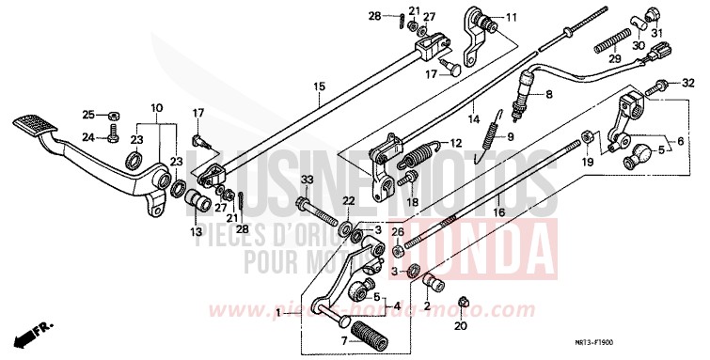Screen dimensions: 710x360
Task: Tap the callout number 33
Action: coord(306,180)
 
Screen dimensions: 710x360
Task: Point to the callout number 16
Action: coord(497,213)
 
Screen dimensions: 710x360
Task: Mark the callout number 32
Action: coord(686,83)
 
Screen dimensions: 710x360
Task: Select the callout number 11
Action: coord(512,18)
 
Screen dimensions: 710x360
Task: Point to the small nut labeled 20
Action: coord(463,303)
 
